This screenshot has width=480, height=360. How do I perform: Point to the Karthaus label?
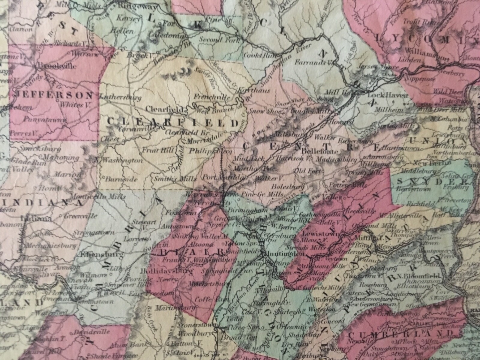pos(254,90)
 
